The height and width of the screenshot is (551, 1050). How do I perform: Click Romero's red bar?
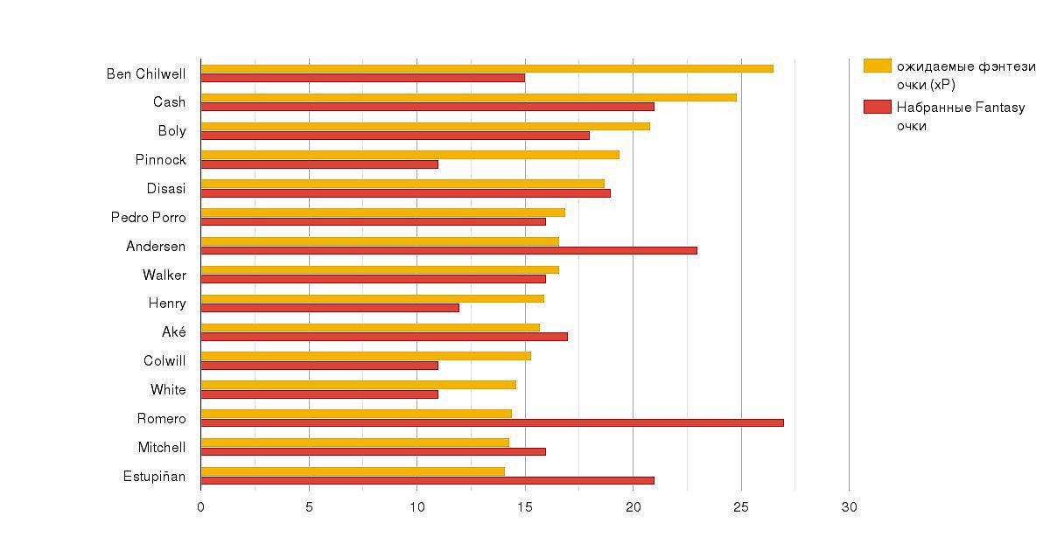coord(492,422)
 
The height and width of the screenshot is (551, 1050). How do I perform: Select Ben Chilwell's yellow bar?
coord(486,68)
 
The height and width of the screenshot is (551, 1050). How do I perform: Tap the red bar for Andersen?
coord(449,250)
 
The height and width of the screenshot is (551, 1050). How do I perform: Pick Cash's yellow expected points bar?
coord(468,97)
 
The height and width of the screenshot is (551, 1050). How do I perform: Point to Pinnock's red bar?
coord(319,164)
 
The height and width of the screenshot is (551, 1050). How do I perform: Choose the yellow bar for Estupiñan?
coord(353,471)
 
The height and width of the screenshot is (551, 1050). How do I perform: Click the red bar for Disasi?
coord(405,193)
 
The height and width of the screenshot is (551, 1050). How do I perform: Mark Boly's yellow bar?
coord(425,126)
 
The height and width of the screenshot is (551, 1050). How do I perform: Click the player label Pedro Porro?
coord(148,218)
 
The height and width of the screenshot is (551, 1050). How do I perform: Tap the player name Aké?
coord(173,332)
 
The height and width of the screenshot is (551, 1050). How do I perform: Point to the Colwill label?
coord(164,361)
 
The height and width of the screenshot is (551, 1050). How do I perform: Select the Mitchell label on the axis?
coord(161,448)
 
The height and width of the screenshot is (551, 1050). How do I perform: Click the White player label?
coord(168,390)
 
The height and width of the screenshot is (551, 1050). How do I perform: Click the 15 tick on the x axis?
coord(525,507)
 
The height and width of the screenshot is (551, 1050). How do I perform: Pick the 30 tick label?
coord(849,507)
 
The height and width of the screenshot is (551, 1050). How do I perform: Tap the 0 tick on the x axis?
coord(200,507)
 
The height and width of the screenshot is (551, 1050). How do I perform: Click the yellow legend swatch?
coord(877,66)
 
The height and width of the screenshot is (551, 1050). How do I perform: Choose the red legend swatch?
coord(877,107)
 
